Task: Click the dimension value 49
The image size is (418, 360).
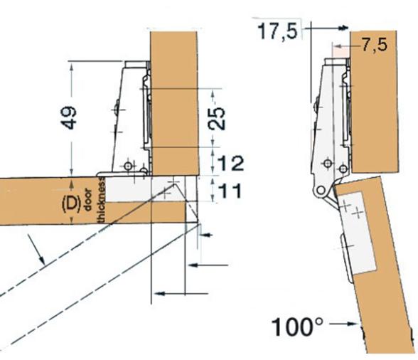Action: point(68,117)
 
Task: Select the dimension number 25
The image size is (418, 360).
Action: point(217,118)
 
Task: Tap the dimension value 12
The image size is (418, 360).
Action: point(230,164)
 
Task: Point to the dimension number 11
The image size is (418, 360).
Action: point(230,191)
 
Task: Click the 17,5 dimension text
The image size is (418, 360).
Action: point(277,31)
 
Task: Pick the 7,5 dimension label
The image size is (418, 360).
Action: point(374,45)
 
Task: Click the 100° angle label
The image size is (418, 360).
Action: point(297,327)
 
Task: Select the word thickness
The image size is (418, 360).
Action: point(101,201)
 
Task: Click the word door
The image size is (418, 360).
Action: point(87,200)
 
